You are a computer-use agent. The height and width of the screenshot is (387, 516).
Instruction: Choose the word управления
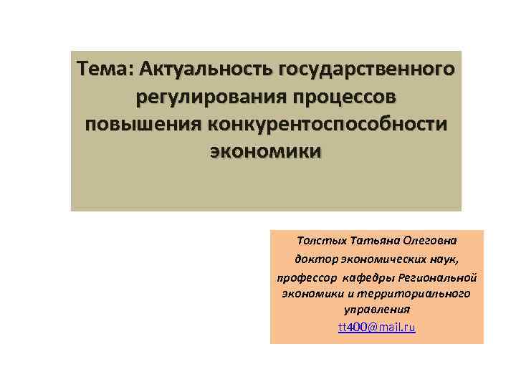click(x=376, y=310)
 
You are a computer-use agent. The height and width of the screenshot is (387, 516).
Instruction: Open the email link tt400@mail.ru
click(x=376, y=328)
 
